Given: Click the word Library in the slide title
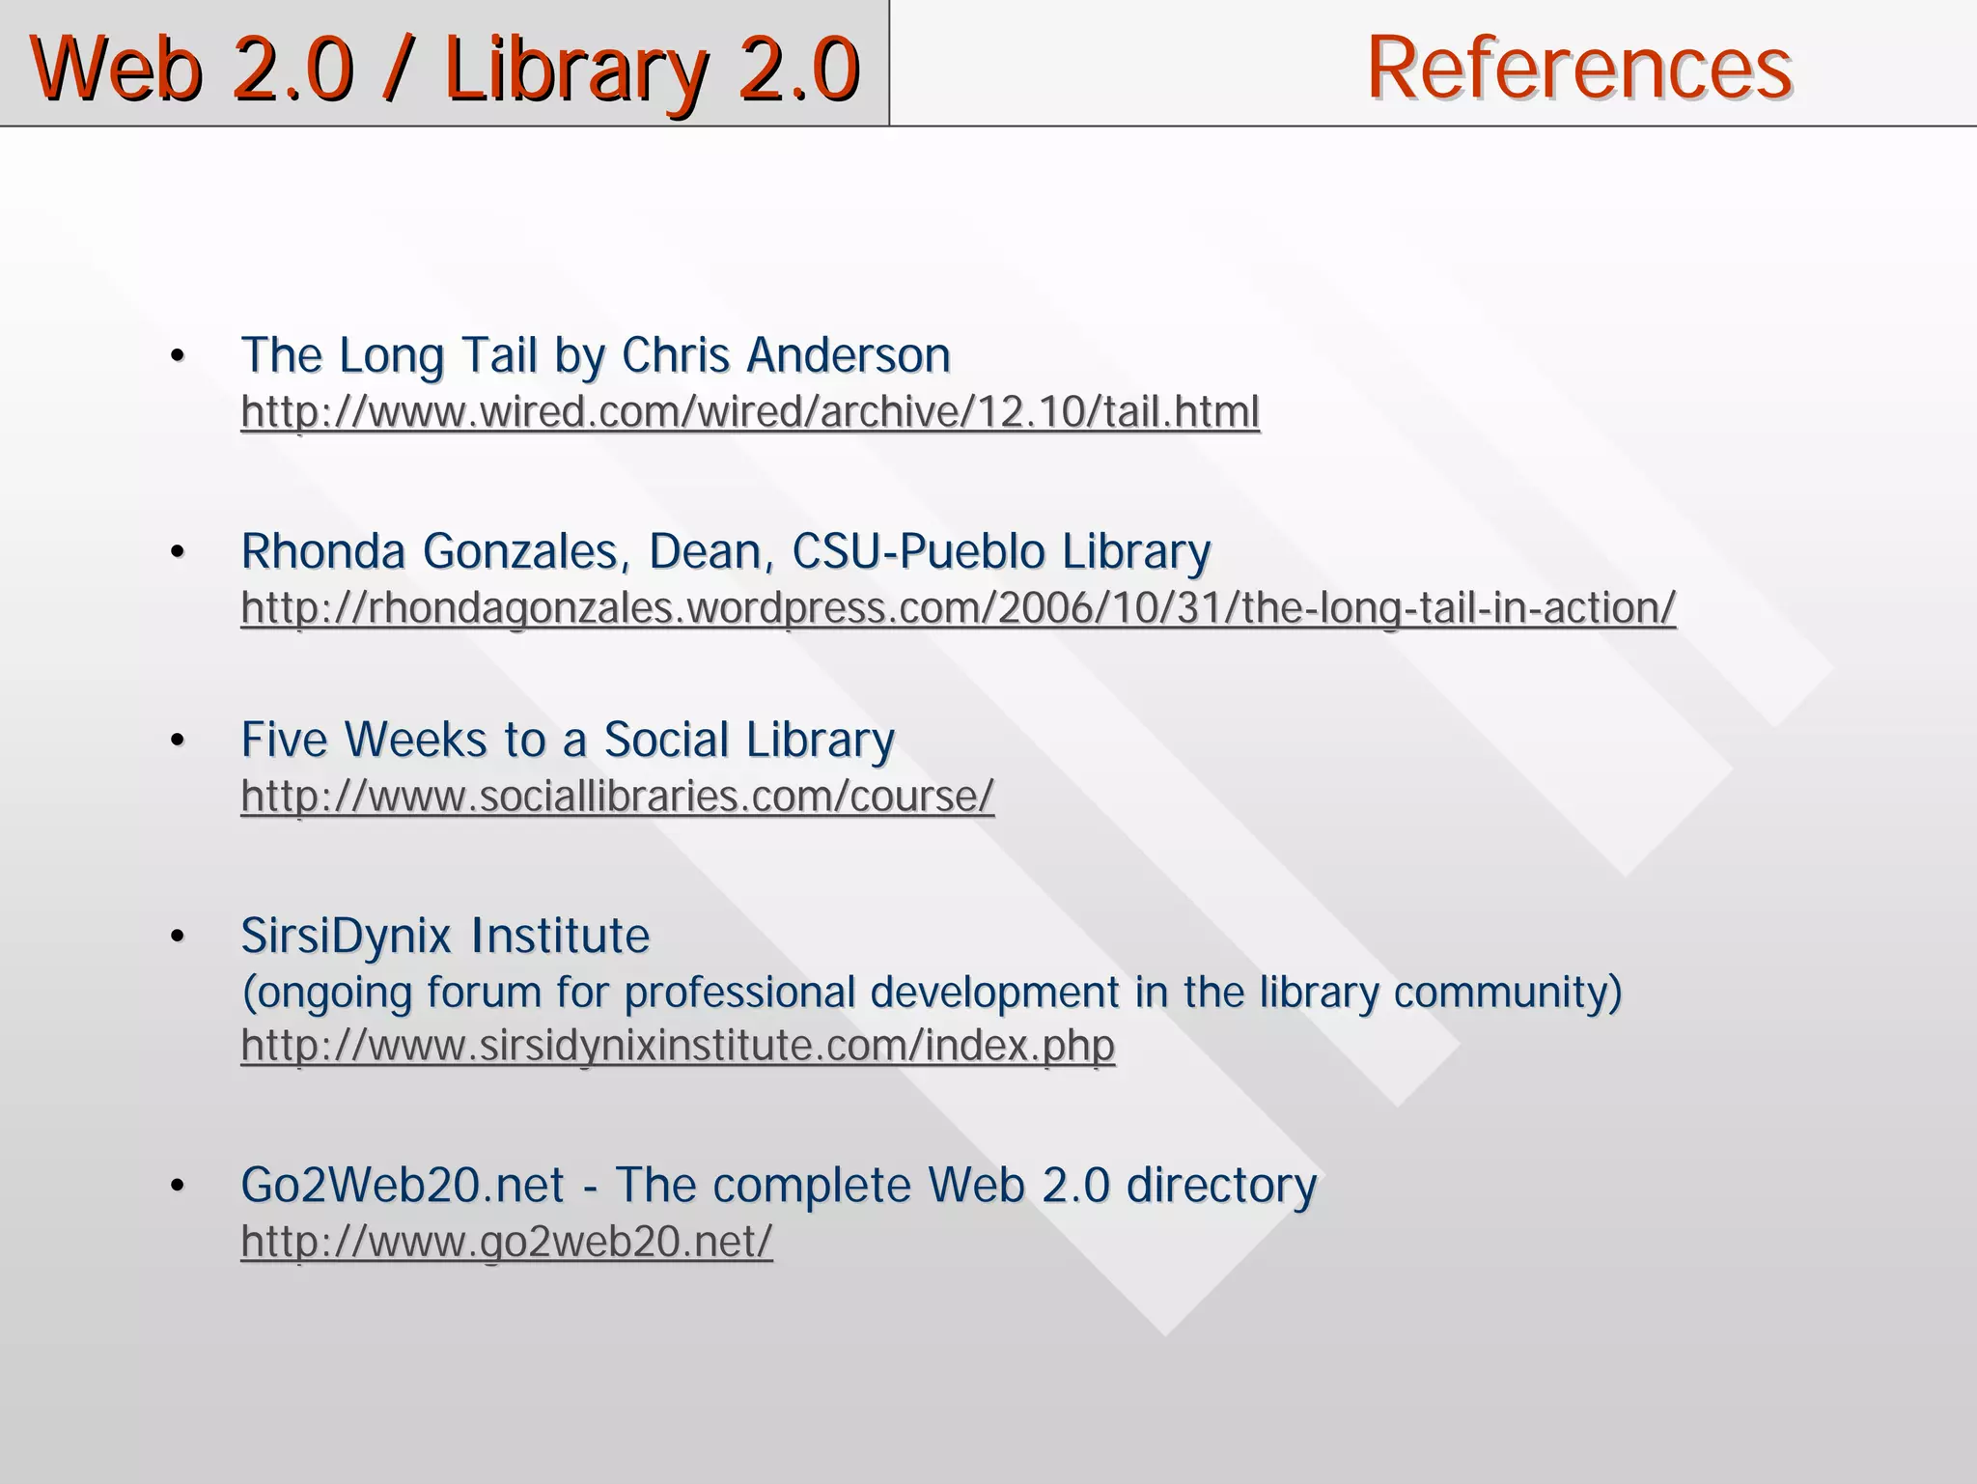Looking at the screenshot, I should point(575,70).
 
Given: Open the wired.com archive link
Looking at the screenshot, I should point(750,412).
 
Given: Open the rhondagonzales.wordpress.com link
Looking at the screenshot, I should point(958,608).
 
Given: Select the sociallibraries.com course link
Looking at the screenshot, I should point(617,797).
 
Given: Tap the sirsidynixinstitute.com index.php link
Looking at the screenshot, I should point(678,1046).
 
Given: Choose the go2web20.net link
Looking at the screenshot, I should point(507,1242).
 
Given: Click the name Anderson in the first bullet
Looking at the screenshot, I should point(849,355).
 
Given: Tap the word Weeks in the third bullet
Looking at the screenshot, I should point(416,741).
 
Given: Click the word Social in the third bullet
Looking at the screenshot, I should point(666,741).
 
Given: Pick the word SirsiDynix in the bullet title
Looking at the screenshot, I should point(346,937).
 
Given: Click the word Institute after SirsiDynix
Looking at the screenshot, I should point(560,937).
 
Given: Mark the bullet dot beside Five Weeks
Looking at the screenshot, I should point(177,742).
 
